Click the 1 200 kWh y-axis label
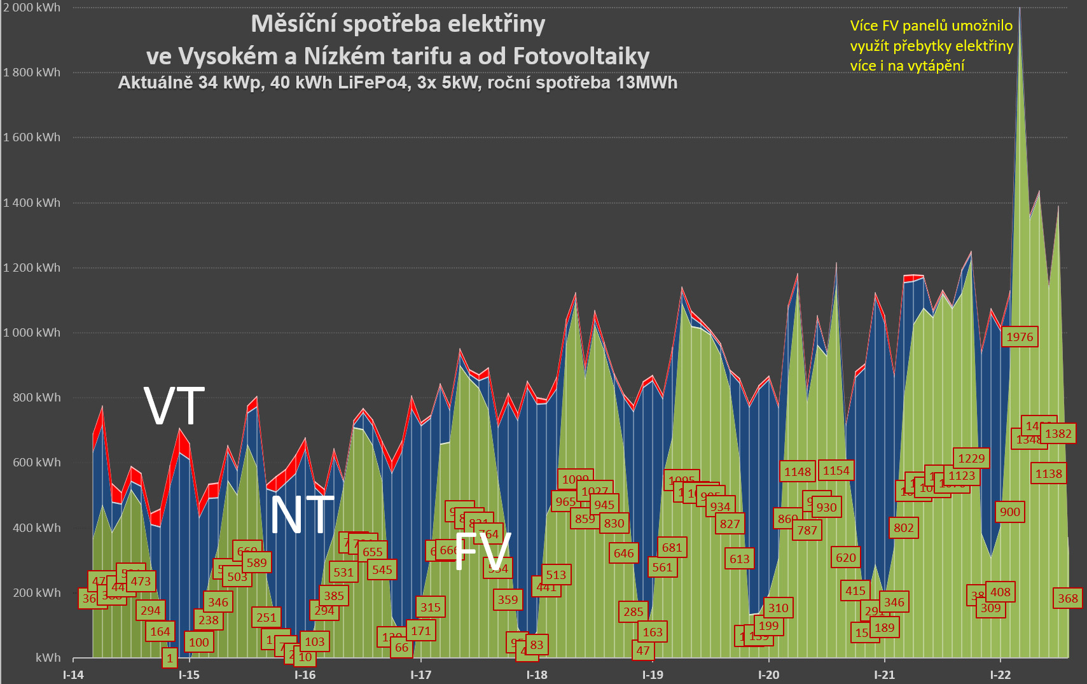(32, 268)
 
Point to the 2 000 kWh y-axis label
(32, 8)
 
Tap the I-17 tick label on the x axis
(420, 675)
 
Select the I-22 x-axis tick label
(1000, 675)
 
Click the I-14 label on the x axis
(73, 675)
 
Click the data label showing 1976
(1020, 337)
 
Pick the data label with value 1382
(1058, 434)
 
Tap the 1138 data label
(1048, 474)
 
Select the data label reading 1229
(971, 459)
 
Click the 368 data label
(1067, 599)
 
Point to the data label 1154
(836, 471)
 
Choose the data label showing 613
(739, 559)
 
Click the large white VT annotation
(174, 406)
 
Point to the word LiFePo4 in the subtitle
(373, 83)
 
